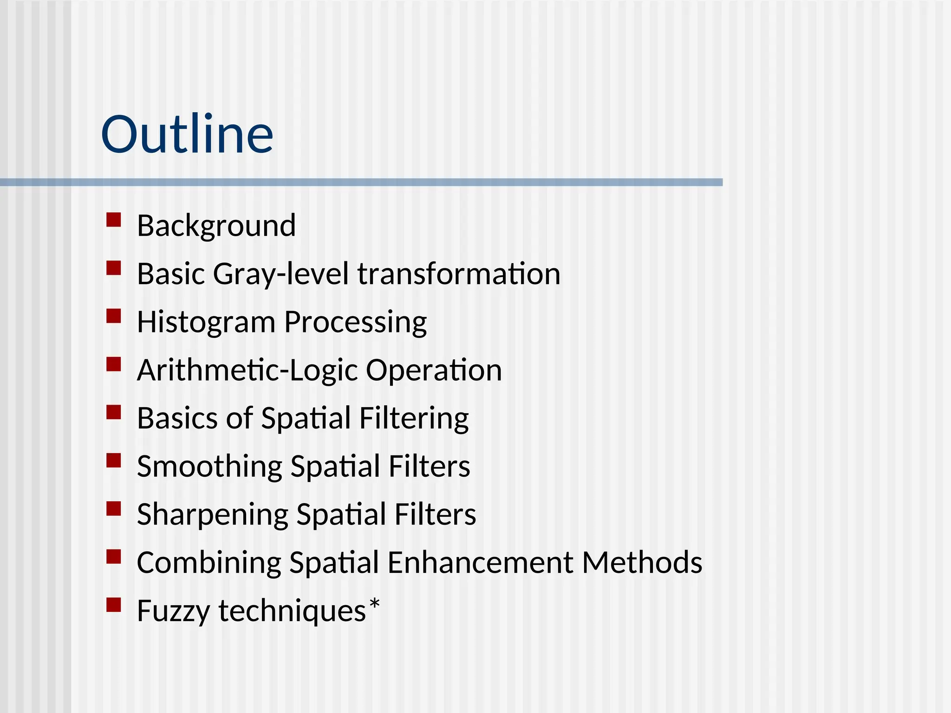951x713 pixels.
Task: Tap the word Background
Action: [x=216, y=226]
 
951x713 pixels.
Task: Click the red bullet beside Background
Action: [x=114, y=220]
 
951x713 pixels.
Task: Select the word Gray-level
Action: [x=280, y=274]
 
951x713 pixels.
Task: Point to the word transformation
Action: [x=459, y=274]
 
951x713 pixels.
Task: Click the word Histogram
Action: [x=206, y=323]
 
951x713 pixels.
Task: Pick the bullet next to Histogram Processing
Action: [x=114, y=316]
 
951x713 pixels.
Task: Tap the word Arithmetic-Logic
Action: [x=247, y=370]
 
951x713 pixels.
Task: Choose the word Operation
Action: [x=434, y=370]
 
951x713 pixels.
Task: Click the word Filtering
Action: [x=414, y=418]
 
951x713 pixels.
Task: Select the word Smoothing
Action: [x=209, y=467]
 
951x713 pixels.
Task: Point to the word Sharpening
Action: [x=212, y=515]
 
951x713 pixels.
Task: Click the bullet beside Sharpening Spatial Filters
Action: [x=114, y=509]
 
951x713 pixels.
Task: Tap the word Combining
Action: [x=209, y=563]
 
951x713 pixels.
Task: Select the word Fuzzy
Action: [x=174, y=611]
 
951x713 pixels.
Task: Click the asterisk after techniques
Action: [x=374, y=605]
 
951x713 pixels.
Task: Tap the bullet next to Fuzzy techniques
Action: [x=114, y=605]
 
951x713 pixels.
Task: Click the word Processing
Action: [x=355, y=323]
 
